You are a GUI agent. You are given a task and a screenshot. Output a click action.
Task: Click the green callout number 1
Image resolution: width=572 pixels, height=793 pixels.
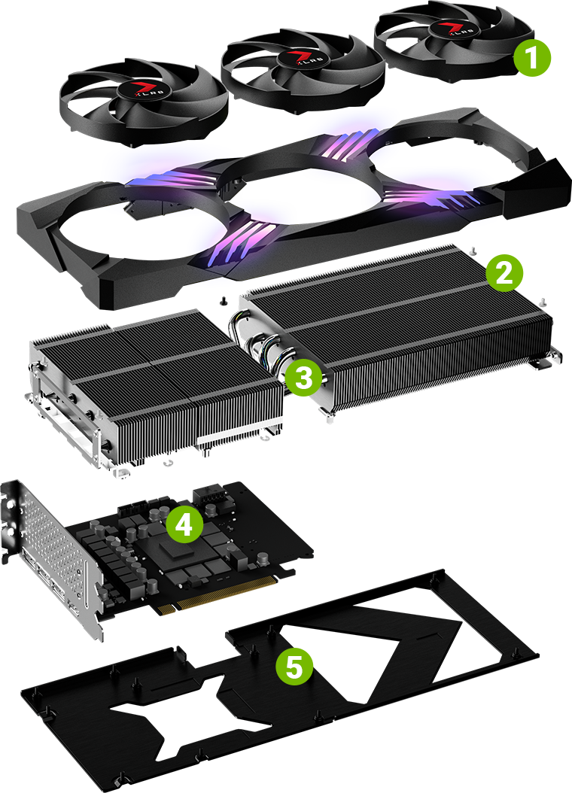coord(532,58)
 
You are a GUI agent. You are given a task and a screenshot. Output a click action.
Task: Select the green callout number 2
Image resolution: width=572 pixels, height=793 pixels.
coord(502,272)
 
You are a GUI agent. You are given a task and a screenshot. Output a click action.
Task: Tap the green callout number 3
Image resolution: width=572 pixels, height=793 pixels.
coord(303,378)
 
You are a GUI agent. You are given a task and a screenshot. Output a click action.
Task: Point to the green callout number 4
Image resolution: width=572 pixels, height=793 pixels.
coord(184,525)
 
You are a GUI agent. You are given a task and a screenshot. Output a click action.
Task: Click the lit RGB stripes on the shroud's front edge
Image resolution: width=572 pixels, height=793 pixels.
coord(233,241)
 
